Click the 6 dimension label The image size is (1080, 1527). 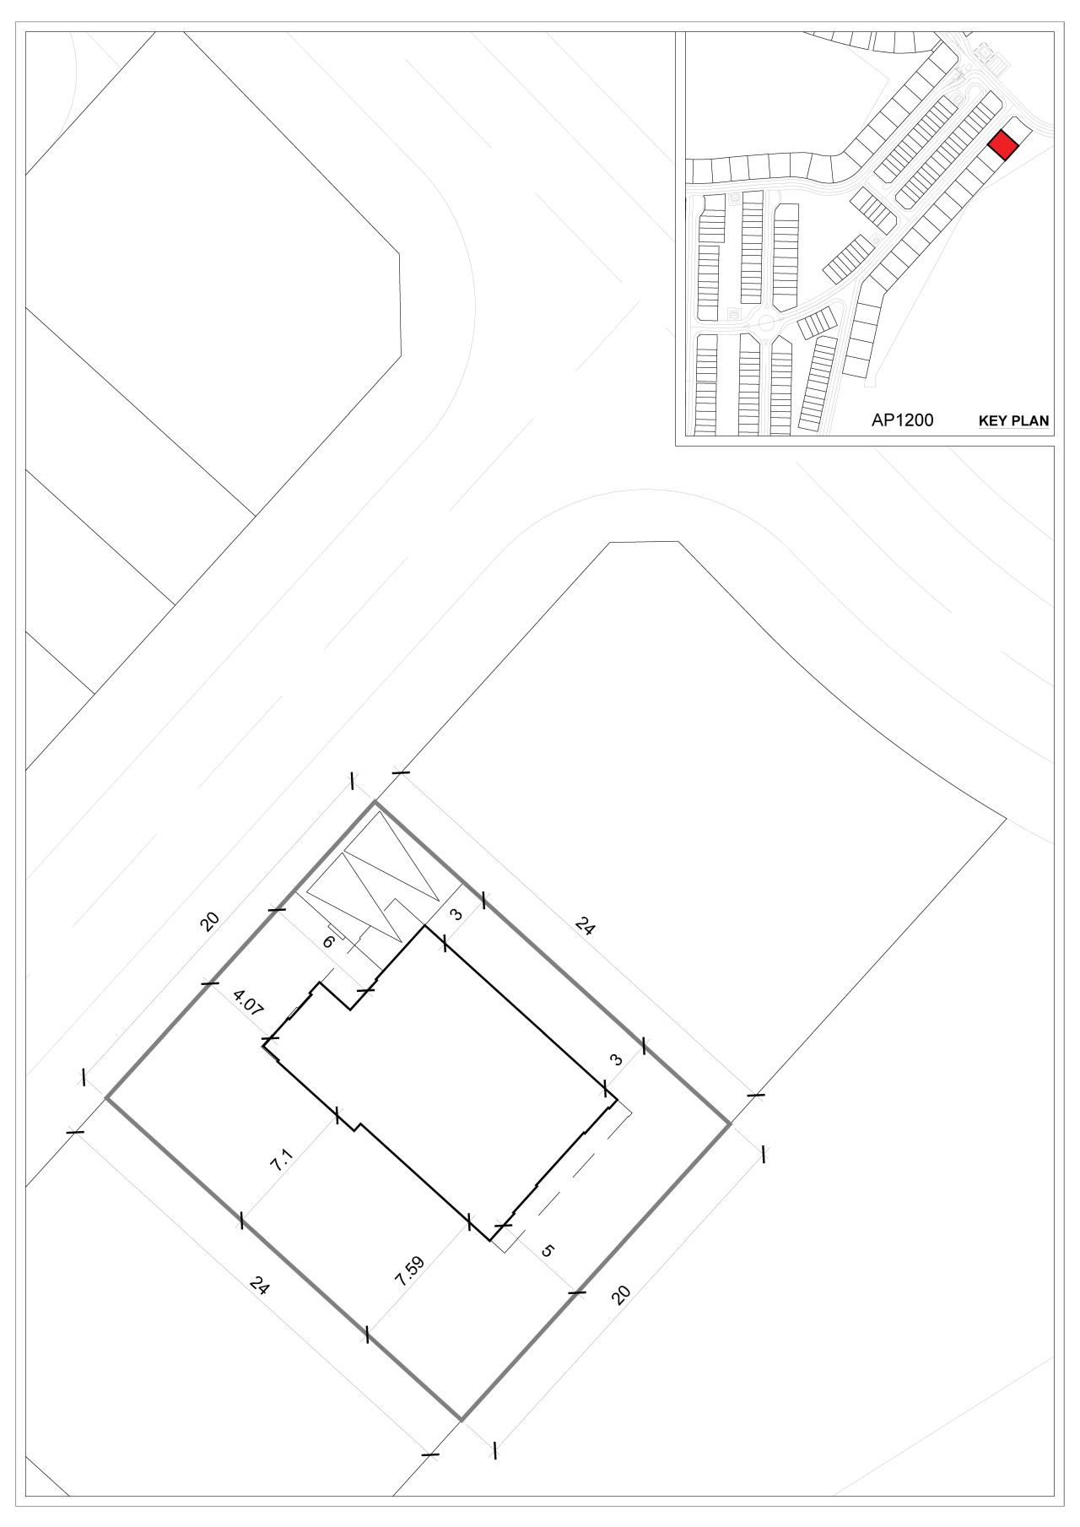328,941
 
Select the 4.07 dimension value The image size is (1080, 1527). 248,1004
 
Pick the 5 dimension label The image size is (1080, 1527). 547,1250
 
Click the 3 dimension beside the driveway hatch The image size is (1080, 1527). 456,914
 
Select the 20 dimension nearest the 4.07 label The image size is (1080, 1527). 210,920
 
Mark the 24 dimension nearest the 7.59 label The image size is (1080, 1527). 261,1286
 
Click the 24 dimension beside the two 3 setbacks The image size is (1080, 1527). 585,926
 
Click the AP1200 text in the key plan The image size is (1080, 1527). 902,420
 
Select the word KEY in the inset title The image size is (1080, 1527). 993,420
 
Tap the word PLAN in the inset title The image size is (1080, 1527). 1031,420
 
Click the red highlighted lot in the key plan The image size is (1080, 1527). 1003,145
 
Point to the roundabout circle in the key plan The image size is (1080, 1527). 768,322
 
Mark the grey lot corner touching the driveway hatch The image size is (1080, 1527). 375,803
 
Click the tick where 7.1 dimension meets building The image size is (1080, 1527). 337,1115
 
